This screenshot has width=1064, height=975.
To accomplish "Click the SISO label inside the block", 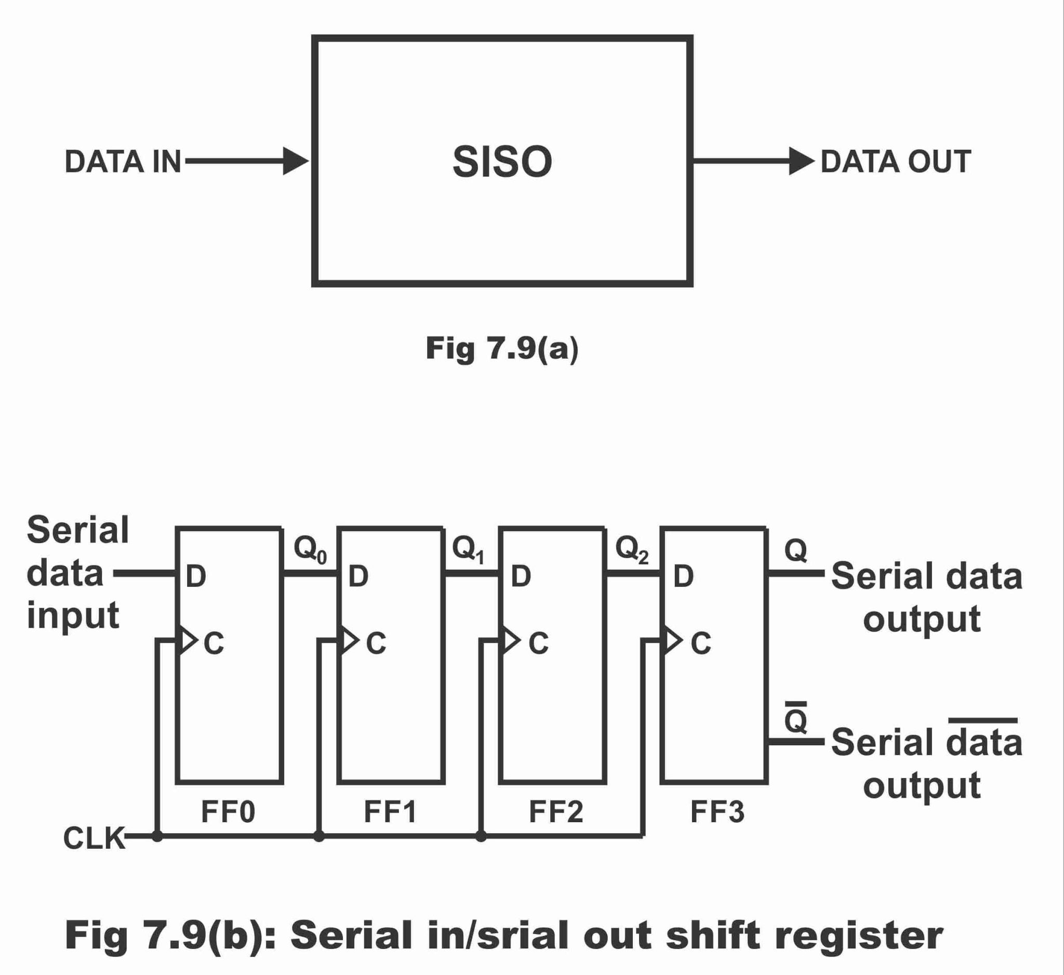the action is click(x=502, y=162).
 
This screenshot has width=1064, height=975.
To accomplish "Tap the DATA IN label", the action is click(x=123, y=162).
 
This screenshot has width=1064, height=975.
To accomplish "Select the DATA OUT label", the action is click(x=896, y=162).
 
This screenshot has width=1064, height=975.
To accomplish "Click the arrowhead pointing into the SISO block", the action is click(x=296, y=161).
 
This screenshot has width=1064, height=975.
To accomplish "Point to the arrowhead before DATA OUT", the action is click(x=802, y=161).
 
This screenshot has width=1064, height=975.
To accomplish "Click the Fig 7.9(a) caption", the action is click(x=502, y=349).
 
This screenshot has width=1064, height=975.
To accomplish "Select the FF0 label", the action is click(x=228, y=811).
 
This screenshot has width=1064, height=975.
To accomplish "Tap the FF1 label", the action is click(x=390, y=811).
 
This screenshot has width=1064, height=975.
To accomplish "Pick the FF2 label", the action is click(x=556, y=811).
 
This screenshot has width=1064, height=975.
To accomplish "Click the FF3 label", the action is click(x=717, y=811).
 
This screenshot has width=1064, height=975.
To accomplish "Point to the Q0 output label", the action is click(x=310, y=549).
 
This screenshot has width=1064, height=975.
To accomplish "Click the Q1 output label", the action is click(x=468, y=549).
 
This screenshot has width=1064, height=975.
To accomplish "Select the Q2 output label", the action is click(x=632, y=549).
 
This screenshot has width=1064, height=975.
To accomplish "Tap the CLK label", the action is click(x=94, y=838).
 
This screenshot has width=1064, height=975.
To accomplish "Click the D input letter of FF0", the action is click(x=196, y=576).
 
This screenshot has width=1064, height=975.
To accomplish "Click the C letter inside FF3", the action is click(x=701, y=643).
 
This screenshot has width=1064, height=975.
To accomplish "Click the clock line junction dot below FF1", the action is click(x=319, y=836).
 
